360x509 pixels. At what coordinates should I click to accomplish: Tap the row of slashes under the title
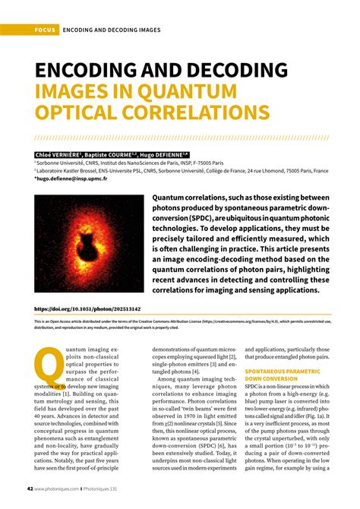180,139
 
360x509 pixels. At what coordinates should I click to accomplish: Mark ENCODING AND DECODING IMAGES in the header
112,30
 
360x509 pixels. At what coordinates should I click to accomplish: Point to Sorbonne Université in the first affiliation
62,163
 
